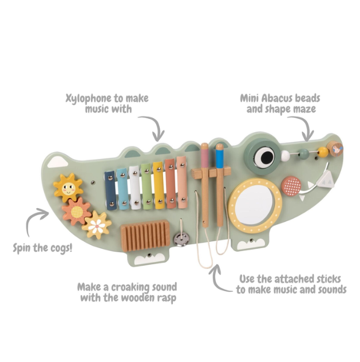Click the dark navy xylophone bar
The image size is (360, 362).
point(110,190)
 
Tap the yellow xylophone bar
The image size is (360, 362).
point(159,185)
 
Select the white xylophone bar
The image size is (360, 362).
point(134,188)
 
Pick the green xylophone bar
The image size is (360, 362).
point(147,186)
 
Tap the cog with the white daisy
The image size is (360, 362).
point(97,225)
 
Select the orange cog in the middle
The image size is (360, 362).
point(77,211)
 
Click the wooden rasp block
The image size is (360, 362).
point(145,236)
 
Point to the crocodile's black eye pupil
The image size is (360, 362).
point(266,157)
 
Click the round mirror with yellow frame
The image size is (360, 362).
point(255,206)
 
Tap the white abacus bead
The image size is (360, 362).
point(286,156)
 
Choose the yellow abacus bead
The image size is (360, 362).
point(323,152)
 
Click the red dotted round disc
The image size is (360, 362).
point(291,186)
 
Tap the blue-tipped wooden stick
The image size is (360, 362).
point(220,185)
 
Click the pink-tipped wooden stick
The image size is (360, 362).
point(205,185)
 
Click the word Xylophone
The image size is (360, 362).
point(89,98)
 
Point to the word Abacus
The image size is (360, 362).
point(278,98)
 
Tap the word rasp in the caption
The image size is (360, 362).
point(167,298)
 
